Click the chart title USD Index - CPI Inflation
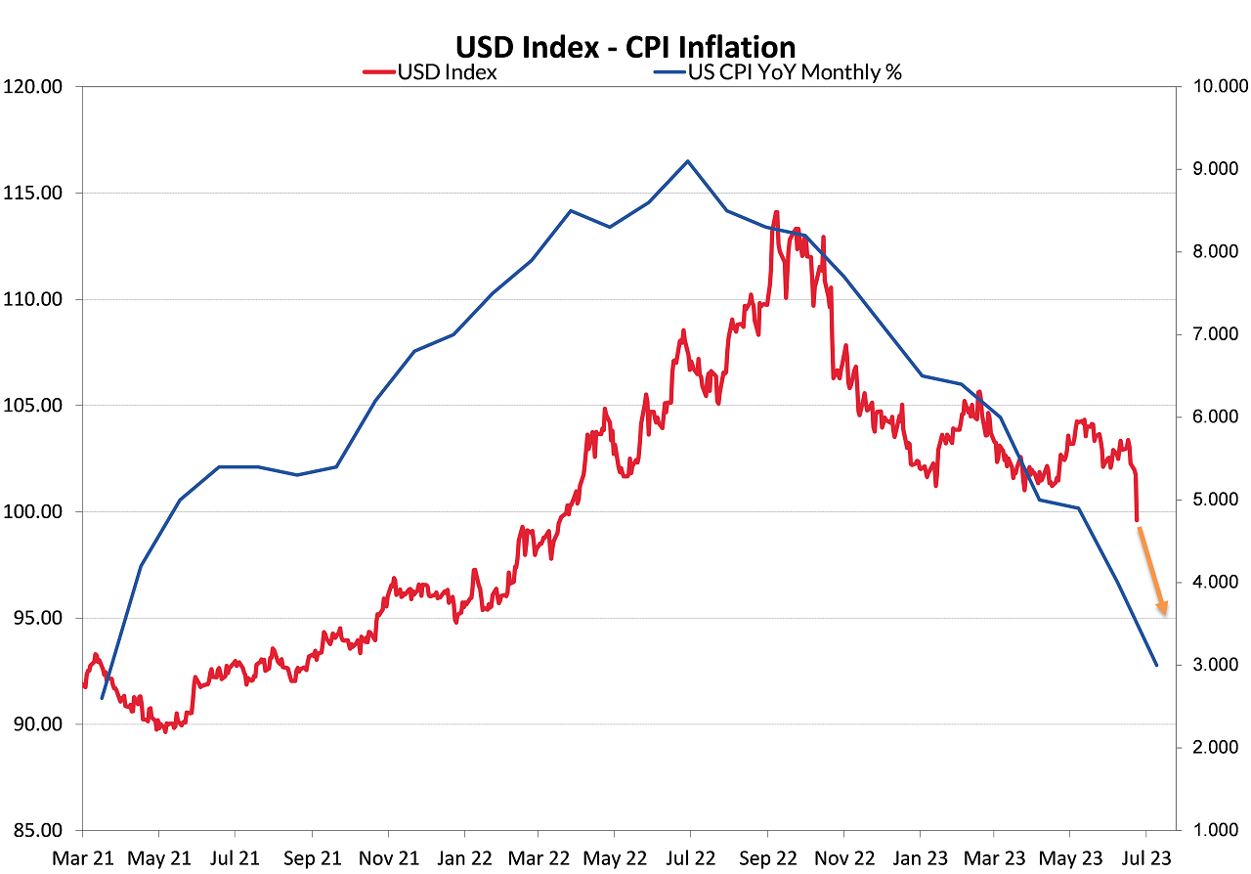(x=625, y=47)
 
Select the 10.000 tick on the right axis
(x=1216, y=87)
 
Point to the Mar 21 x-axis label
(x=83, y=858)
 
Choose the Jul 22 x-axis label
(x=689, y=858)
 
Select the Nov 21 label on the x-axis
(x=387, y=858)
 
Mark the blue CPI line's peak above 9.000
(x=688, y=161)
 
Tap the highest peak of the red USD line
(x=776, y=211)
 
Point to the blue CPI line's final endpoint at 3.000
(x=1156, y=665)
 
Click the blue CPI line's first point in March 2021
(x=102, y=697)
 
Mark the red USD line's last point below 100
(x=1137, y=520)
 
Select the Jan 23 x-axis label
(x=919, y=858)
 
